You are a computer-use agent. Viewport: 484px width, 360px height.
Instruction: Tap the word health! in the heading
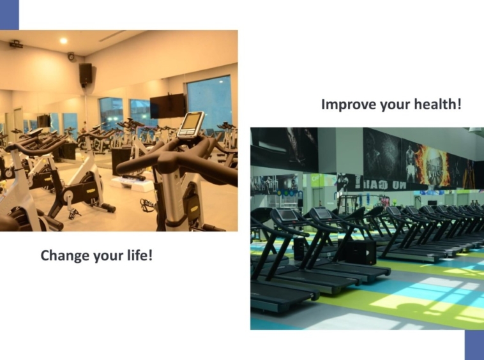coord(437,104)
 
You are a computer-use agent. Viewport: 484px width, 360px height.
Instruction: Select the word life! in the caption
coord(140,255)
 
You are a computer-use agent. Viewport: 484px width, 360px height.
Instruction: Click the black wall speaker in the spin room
coord(86,74)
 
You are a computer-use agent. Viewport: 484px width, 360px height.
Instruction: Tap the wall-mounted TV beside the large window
coord(167,106)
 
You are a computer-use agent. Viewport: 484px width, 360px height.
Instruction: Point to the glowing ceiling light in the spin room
coord(64,41)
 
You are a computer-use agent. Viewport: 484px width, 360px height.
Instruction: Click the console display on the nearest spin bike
coord(192,124)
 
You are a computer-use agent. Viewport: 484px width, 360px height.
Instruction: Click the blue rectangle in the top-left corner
coord(10,15)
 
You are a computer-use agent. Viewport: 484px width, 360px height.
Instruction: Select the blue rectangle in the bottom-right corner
coord(474,345)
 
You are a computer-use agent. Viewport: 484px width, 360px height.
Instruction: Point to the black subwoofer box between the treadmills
coord(361,252)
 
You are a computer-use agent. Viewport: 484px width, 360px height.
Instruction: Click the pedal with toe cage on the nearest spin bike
coord(148,205)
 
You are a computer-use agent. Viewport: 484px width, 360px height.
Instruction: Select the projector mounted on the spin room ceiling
coord(16,45)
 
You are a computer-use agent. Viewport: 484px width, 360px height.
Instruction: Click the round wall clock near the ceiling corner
coord(71,56)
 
